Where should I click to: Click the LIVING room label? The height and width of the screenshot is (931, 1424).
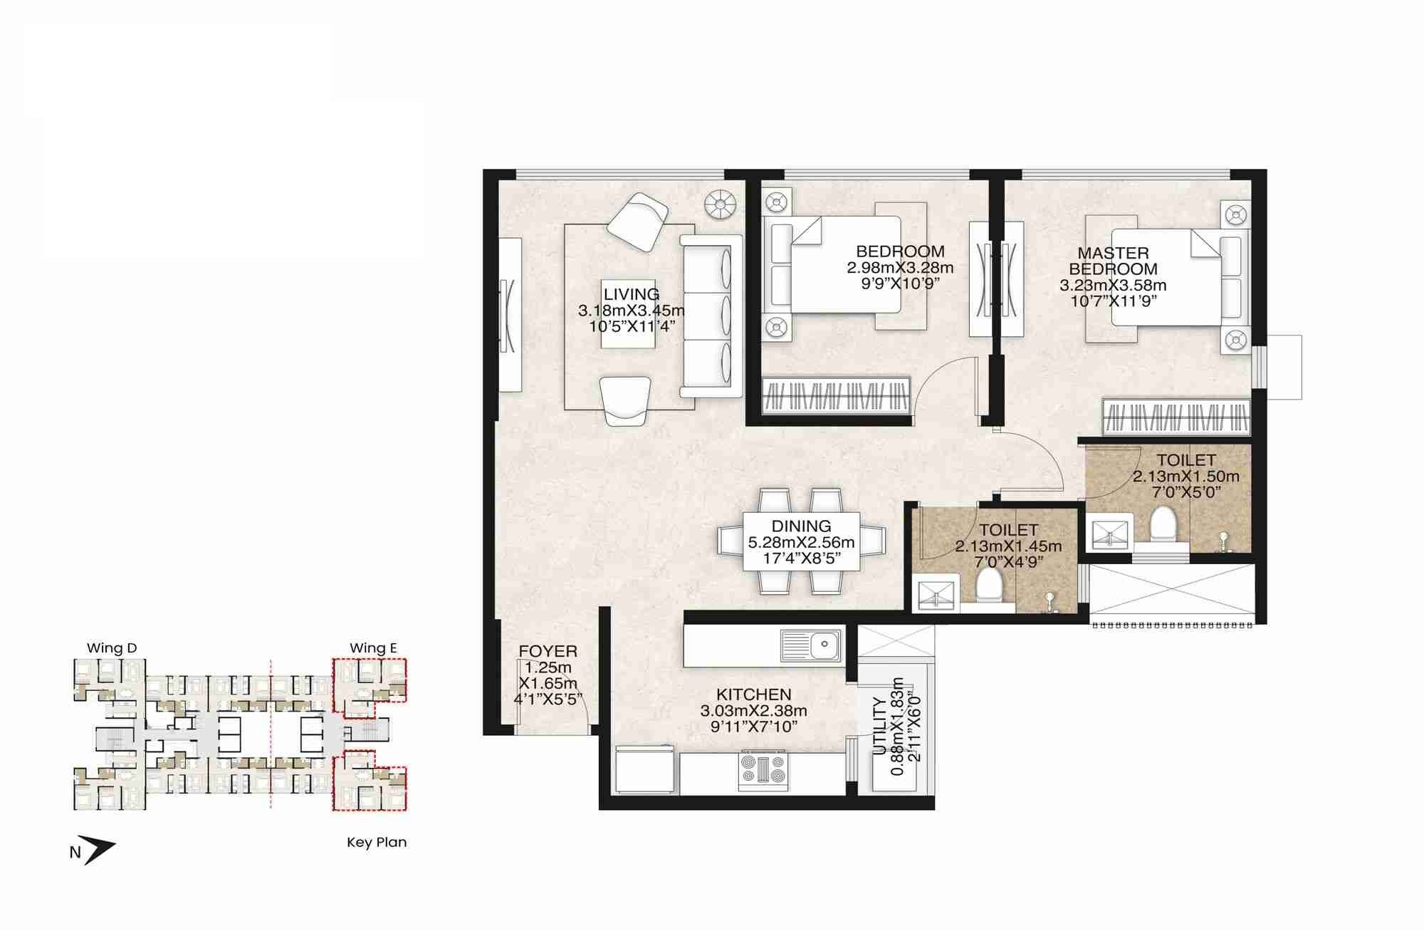[631, 294]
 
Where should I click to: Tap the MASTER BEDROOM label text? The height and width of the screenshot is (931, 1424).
[1113, 261]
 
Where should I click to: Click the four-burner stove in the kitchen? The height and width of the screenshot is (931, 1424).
[763, 771]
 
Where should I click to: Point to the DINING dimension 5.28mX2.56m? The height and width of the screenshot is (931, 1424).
[801, 543]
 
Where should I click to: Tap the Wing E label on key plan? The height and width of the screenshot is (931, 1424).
[372, 648]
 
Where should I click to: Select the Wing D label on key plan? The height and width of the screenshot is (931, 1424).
[111, 648]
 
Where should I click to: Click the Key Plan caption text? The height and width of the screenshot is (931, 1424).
[377, 842]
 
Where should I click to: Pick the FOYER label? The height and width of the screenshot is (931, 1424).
[548, 652]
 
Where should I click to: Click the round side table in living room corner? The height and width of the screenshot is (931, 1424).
[719, 205]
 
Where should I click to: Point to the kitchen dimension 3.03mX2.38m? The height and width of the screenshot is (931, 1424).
[753, 711]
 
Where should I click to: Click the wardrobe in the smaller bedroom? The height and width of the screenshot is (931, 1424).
[837, 395]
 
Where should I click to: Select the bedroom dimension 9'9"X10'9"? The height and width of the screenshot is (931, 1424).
[900, 283]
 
